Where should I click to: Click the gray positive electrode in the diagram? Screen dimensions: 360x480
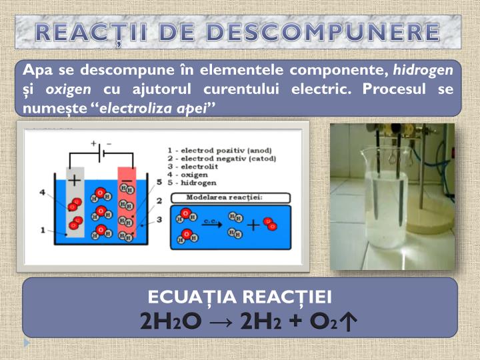[75, 200]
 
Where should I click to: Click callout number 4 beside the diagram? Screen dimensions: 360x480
[42, 192]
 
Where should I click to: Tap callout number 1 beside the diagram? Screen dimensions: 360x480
[42, 231]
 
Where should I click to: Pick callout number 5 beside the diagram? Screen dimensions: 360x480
[159, 181]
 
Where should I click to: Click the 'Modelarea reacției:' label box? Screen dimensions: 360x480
[230, 197]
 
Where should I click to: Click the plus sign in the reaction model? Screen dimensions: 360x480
[253, 225]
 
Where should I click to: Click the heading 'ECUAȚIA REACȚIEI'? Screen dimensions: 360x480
[240, 297]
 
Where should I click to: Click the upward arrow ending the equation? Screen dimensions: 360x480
[348, 321]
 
